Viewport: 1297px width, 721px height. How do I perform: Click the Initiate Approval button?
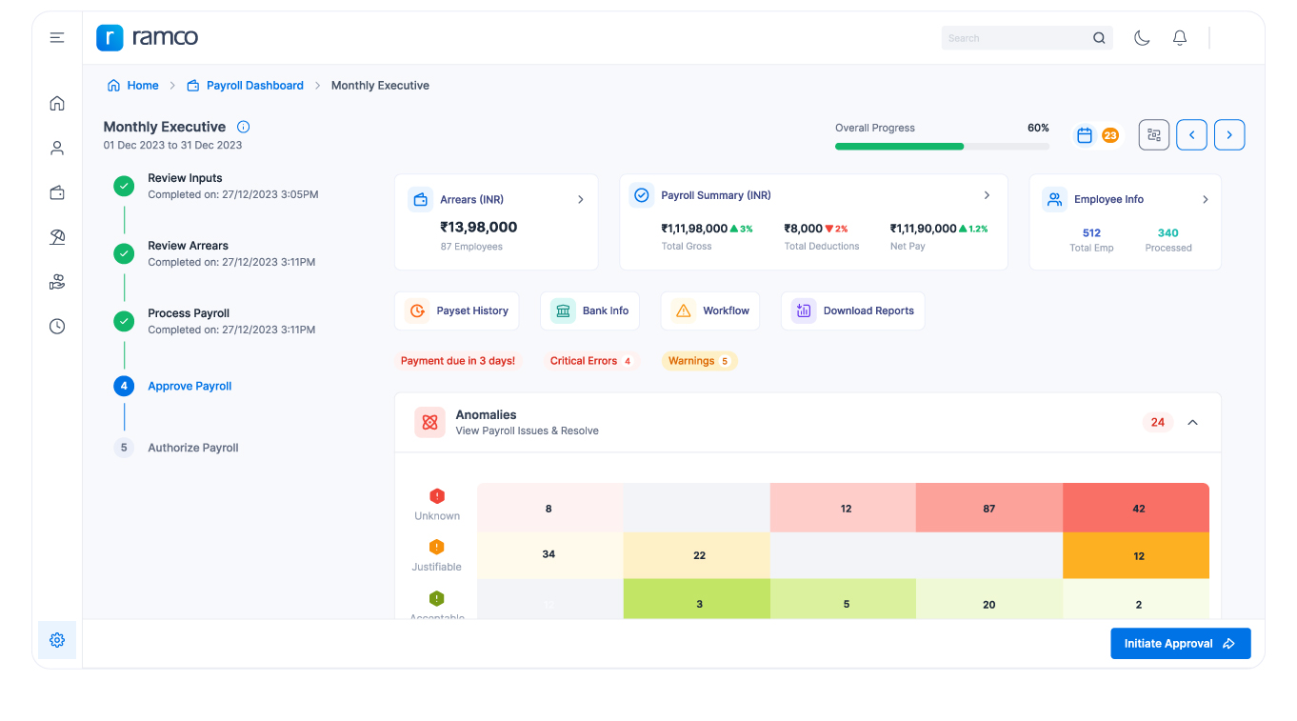[x=1180, y=644]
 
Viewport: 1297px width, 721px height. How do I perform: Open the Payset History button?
[x=457, y=310]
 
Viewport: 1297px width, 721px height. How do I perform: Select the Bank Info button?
[x=590, y=310]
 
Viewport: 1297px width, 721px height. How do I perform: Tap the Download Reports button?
[x=852, y=310]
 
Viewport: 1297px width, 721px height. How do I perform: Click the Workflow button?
[x=710, y=310]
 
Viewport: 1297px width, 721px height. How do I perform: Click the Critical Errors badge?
[x=590, y=361]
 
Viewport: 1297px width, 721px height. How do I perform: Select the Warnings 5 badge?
[x=699, y=361]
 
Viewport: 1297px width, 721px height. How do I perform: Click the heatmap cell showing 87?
[x=988, y=509]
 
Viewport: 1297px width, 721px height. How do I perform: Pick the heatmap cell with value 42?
[x=1138, y=509]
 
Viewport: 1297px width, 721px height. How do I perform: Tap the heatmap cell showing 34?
[x=549, y=554]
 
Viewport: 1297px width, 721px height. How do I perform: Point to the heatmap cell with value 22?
[x=698, y=555]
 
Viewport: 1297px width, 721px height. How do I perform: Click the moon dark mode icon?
[x=1142, y=38]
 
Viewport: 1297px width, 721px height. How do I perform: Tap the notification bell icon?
[x=1180, y=38]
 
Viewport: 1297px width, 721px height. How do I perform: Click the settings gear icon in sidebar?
[x=57, y=640]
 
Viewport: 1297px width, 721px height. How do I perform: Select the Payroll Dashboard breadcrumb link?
[x=254, y=86]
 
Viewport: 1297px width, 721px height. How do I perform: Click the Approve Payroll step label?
[x=190, y=387]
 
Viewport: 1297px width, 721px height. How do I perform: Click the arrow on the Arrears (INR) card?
[x=581, y=200]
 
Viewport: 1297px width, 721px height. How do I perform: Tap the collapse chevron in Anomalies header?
[x=1192, y=422]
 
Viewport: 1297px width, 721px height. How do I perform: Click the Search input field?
[x=1015, y=38]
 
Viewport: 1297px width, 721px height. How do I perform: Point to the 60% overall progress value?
[x=1038, y=128]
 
